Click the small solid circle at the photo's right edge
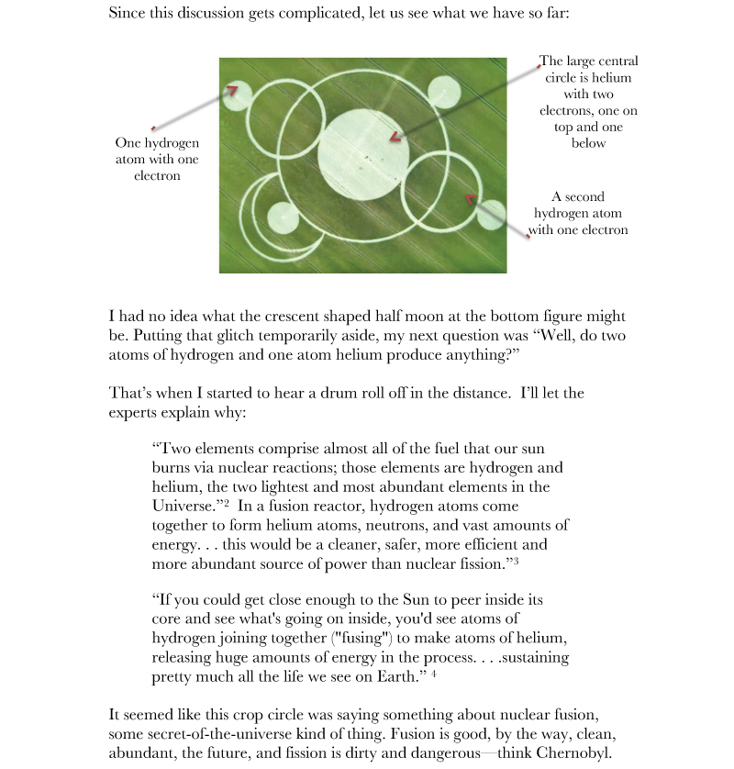[491, 215]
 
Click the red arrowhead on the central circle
[395, 138]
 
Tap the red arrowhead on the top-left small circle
[233, 90]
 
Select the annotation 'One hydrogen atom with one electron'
[157, 160]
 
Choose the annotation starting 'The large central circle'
[588, 102]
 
